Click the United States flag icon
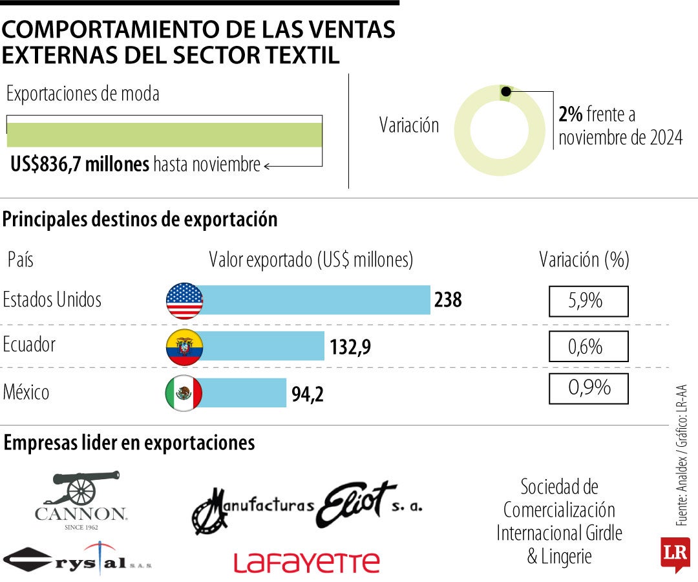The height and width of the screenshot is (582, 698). (184, 301)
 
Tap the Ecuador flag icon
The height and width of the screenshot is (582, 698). (184, 347)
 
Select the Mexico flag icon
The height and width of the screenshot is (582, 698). (184, 393)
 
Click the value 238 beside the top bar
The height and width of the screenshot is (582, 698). (448, 300)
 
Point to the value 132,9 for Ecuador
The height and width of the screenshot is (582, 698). (350, 347)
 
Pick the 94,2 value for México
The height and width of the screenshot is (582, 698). (308, 394)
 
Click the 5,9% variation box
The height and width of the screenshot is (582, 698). (588, 301)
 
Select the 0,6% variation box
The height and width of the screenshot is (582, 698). (588, 347)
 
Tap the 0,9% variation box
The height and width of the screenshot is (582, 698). (588, 388)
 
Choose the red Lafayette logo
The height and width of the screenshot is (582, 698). (306, 562)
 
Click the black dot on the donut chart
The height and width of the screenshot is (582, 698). (506, 91)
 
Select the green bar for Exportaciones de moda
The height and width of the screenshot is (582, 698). (164, 135)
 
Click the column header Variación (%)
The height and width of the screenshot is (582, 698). (584, 260)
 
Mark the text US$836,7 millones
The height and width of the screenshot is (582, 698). (79, 165)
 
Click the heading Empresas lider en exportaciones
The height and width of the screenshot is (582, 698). (129, 443)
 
